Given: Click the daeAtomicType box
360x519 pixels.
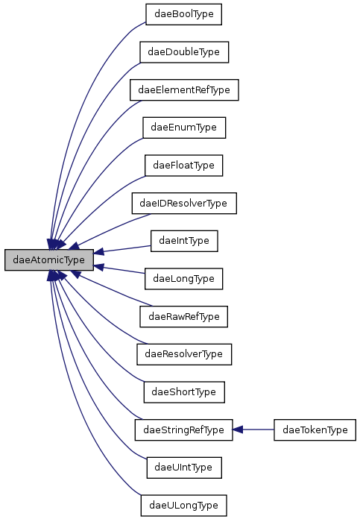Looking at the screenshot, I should click(x=49, y=259).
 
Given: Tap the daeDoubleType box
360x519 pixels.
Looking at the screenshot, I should click(x=183, y=52).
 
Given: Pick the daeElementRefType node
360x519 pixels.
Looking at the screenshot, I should click(x=183, y=89).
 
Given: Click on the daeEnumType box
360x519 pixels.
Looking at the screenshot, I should click(x=183, y=128).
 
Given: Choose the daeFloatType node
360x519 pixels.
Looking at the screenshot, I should click(x=183, y=165).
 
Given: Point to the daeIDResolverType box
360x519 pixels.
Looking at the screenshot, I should click(x=183, y=203).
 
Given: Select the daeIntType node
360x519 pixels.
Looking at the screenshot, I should click(x=183, y=241).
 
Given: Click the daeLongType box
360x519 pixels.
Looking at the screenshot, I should click(x=183, y=278).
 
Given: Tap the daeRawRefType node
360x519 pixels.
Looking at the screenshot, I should click(x=183, y=316).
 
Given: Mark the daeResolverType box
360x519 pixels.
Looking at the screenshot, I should click(x=183, y=353).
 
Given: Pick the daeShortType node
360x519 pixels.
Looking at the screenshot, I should click(x=183, y=391).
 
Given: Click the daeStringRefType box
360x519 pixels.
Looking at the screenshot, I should click(x=183, y=430).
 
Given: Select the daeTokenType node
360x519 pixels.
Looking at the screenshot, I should click(x=315, y=430).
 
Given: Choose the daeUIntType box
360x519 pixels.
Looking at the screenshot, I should click(x=183, y=467).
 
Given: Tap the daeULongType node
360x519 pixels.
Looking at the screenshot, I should click(x=183, y=505).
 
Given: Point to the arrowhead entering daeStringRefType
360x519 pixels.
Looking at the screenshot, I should click(x=239, y=430).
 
